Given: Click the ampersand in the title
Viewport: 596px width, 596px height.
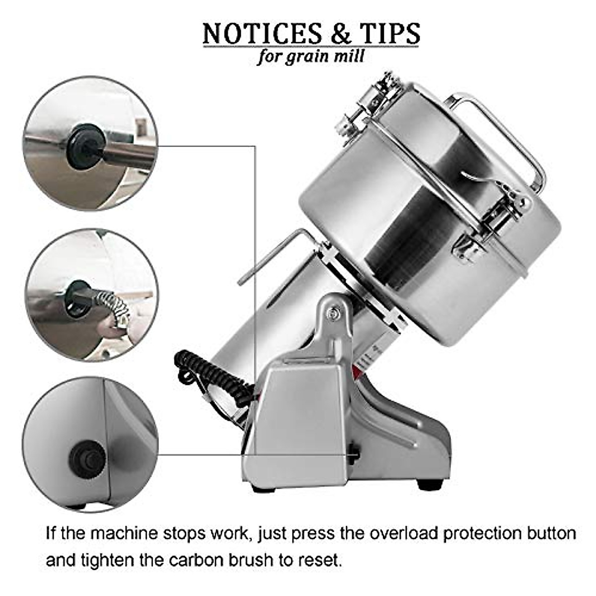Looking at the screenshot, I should point(328,34).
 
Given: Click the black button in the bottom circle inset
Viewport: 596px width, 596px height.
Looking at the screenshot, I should point(86,459).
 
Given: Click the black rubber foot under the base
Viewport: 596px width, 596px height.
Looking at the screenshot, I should point(427,484).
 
